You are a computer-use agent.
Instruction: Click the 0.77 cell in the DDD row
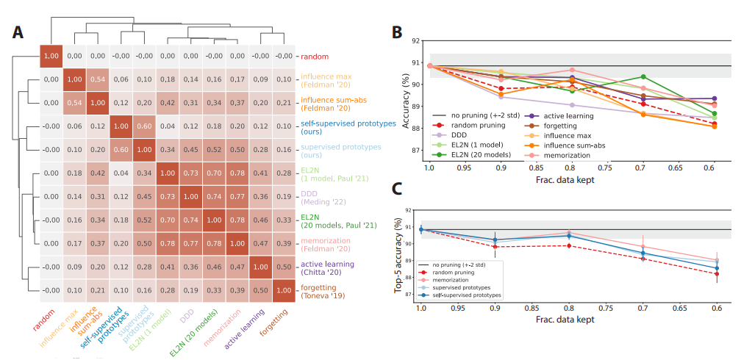237,197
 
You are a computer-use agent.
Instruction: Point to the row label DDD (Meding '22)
316,197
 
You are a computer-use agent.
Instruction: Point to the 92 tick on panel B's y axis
417,42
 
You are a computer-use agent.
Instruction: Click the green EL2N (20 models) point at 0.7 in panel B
643,76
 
